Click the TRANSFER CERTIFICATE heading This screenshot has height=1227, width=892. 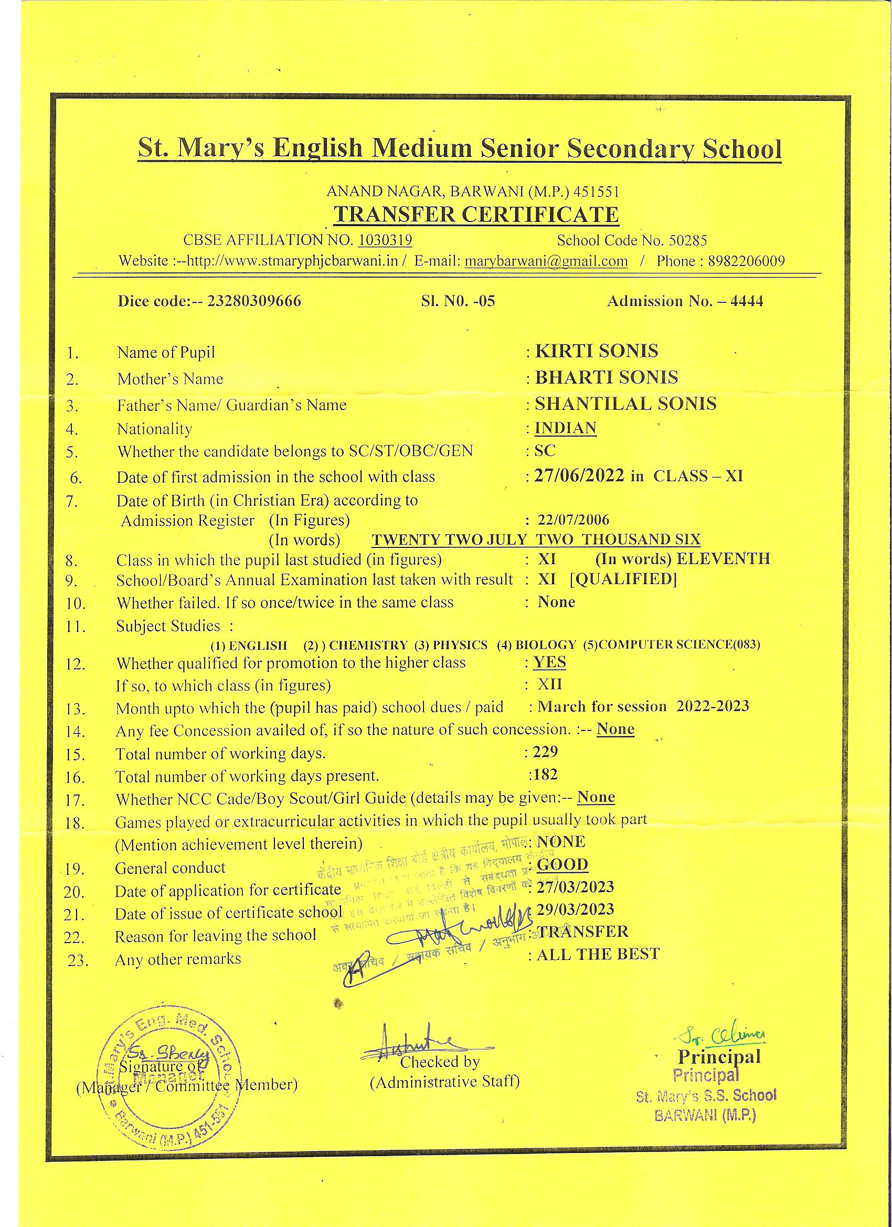click(475, 215)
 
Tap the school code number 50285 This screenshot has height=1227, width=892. click(688, 240)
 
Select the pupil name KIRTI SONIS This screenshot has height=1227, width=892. click(596, 351)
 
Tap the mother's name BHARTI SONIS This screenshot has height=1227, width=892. click(606, 377)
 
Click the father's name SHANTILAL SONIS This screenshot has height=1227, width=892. click(625, 404)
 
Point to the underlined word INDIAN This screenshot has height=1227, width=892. click(565, 428)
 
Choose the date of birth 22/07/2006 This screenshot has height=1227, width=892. click(574, 520)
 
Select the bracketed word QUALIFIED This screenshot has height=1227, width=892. click(624, 579)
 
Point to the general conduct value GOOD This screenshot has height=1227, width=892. click(562, 864)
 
